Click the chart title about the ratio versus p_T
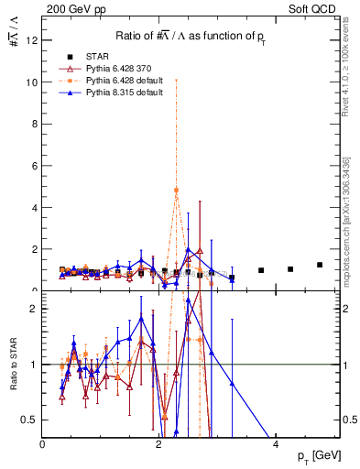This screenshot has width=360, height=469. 191,35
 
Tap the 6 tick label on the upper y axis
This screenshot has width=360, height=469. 34,166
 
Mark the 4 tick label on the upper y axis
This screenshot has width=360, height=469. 34,208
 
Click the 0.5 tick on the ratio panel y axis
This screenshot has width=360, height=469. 29,420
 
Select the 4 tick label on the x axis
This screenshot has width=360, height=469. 277,444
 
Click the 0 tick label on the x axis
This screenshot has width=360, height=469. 43,444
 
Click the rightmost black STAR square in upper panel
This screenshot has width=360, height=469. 320,265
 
